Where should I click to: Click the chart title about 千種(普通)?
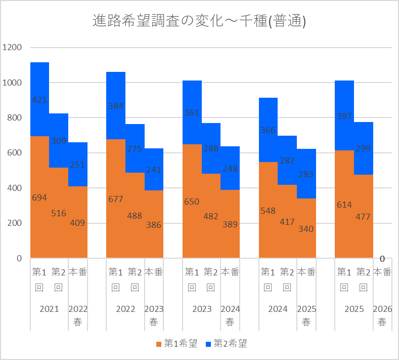pos(199,21)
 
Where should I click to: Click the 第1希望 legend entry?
pos(177,344)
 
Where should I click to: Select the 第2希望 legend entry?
pos(226,344)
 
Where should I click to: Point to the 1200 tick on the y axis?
pos(12,47)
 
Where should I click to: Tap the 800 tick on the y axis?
pos(14,117)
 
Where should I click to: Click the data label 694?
pos(39,197)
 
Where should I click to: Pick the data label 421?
pos(39,100)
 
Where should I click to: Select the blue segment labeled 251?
pos(78,165)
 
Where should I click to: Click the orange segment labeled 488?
pos(135,215)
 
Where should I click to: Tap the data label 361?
pos(192,112)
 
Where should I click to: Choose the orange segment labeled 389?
pos(230,224)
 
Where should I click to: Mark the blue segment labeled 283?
pos(306,174)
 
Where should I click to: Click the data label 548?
pos(268,211)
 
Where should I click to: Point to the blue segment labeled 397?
pos(344,115)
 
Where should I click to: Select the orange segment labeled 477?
pos(364,216)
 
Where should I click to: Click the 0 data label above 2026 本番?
pos(382,259)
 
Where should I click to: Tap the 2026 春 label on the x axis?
pos(382,315)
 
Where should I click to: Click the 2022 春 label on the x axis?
pos(78,315)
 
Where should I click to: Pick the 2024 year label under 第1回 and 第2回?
pos(278,309)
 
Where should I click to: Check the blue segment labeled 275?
pos(135,148)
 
